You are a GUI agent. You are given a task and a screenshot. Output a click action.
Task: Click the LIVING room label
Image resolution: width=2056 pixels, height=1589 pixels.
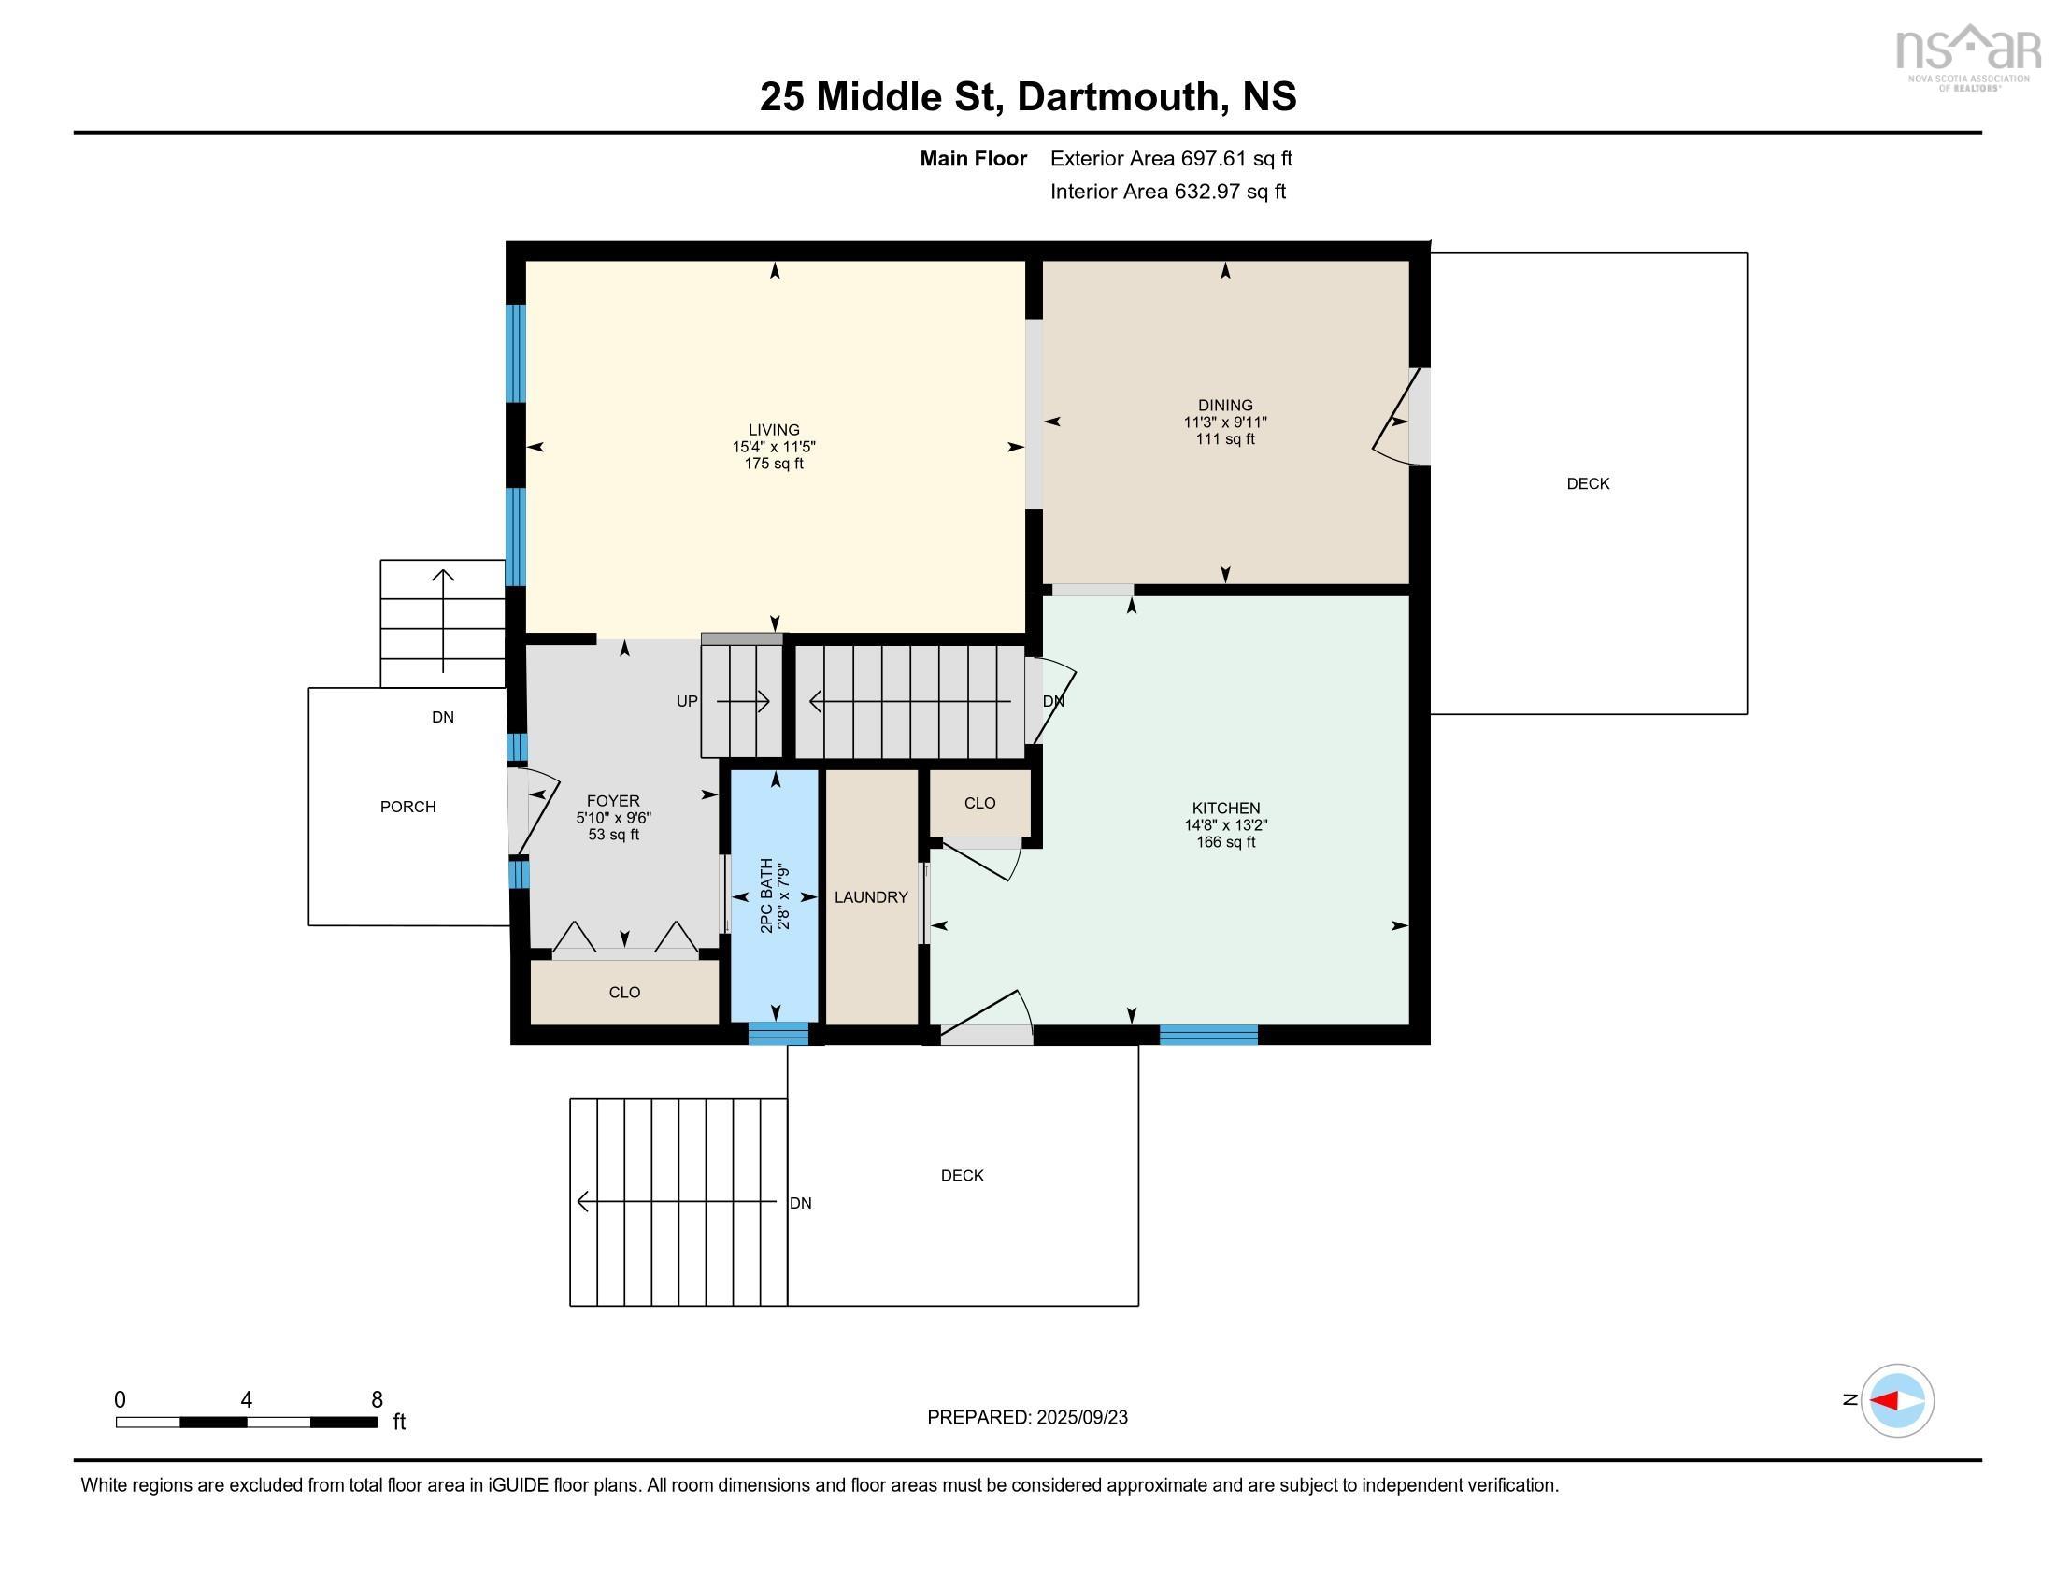(x=774, y=429)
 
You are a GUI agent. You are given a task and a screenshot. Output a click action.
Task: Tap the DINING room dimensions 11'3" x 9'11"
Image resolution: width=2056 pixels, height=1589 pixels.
(x=1225, y=422)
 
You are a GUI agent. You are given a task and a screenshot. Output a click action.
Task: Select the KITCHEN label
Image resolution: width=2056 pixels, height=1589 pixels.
(x=1226, y=808)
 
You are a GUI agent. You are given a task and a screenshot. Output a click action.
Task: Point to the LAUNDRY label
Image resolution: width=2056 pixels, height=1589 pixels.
(x=871, y=897)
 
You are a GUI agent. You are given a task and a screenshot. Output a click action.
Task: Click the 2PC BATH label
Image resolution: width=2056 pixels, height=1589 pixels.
(x=767, y=895)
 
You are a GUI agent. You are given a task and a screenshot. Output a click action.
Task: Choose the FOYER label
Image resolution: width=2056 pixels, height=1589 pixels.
(x=613, y=801)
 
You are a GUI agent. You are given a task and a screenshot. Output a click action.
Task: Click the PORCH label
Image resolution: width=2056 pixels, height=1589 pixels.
(x=407, y=807)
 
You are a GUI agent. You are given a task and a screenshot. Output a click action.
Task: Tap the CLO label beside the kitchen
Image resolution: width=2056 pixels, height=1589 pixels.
(x=980, y=803)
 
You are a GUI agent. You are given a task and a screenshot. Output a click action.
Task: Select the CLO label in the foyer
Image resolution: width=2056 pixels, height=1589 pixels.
(x=624, y=992)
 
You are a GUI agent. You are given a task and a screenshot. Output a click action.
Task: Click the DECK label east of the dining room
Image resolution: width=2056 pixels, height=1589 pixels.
(x=1588, y=484)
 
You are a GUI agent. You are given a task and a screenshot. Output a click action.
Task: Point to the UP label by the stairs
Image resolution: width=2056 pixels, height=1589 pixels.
(x=687, y=701)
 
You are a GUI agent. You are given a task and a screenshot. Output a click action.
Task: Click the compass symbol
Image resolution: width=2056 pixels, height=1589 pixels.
(x=1897, y=1400)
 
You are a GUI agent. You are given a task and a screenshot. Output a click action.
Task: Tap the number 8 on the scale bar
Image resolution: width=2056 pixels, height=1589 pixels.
(x=377, y=1400)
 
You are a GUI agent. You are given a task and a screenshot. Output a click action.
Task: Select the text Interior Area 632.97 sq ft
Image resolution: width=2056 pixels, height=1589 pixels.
(x=1167, y=192)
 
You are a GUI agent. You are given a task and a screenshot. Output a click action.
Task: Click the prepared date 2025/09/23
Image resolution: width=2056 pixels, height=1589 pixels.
(x=1081, y=1418)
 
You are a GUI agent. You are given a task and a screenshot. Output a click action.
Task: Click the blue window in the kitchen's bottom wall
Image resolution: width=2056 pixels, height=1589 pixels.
(x=1207, y=1035)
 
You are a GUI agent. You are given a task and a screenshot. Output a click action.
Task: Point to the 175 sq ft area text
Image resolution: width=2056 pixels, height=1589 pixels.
(x=774, y=463)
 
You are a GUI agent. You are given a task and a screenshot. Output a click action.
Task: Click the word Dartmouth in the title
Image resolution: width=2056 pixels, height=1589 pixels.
(x=1118, y=97)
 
